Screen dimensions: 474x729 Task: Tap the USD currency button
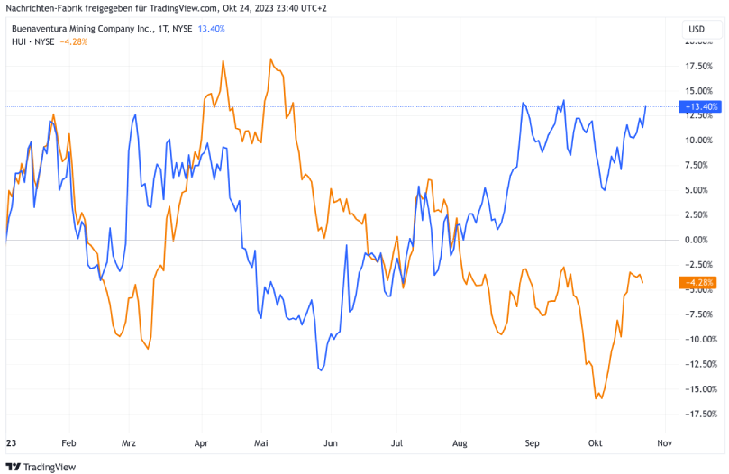(x=696, y=29)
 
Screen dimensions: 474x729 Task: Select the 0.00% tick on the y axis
(x=699, y=240)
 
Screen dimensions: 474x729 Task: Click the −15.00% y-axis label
(x=699, y=388)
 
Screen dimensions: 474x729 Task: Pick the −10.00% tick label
(x=699, y=339)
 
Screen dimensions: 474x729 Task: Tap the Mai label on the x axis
(x=261, y=444)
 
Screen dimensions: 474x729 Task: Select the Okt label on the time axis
(x=595, y=444)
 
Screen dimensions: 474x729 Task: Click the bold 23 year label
(x=11, y=444)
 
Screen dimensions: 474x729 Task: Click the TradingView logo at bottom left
(x=41, y=466)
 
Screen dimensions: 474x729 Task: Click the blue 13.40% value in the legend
(x=211, y=29)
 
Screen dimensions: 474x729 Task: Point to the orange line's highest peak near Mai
(x=270, y=59)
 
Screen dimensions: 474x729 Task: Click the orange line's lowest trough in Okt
(x=597, y=398)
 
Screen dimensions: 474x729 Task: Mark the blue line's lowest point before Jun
(x=321, y=369)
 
